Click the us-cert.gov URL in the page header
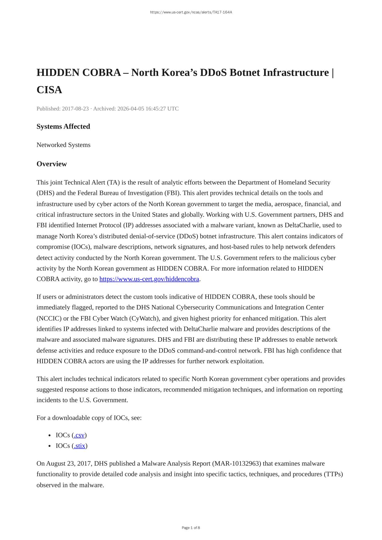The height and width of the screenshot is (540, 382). click(191, 12)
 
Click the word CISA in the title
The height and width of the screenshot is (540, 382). click(49, 90)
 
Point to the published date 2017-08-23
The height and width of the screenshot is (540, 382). click(75, 109)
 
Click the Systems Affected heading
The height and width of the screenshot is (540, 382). click(63, 126)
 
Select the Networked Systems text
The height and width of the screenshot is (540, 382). click(63, 145)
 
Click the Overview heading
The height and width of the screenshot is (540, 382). click(52, 164)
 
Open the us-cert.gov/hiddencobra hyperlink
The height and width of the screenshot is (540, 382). click(149, 279)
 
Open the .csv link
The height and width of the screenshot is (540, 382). click(79, 435)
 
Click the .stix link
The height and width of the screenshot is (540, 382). click(80, 446)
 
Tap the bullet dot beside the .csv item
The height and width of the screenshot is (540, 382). click(50, 435)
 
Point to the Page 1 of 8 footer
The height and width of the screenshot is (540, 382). click(191, 528)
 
